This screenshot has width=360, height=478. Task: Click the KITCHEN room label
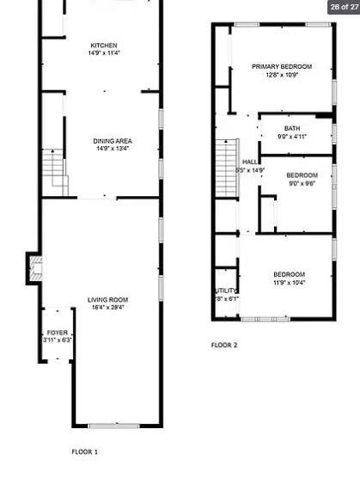[104, 46]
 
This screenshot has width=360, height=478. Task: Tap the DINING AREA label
[113, 141]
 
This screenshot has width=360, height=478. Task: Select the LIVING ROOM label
[107, 299]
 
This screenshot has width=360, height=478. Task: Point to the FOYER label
[58, 332]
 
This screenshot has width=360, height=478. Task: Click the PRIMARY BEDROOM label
[281, 66]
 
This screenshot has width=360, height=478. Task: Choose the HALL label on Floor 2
[250, 162]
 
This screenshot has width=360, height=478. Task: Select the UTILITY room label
[226, 291]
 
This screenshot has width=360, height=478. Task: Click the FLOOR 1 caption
[84, 450]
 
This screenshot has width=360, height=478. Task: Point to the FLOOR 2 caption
[224, 346]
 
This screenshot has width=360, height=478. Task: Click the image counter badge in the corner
[343, 7]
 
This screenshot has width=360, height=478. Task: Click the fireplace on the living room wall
[34, 269]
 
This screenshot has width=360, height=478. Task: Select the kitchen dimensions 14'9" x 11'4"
[104, 53]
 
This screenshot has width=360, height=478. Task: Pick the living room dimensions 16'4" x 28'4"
[107, 307]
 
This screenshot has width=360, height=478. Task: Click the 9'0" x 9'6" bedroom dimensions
[302, 182]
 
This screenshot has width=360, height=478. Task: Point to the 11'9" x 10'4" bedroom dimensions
[289, 282]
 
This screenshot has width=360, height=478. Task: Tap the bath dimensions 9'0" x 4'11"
[292, 136]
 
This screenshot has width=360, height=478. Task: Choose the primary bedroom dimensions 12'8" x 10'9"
[281, 74]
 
